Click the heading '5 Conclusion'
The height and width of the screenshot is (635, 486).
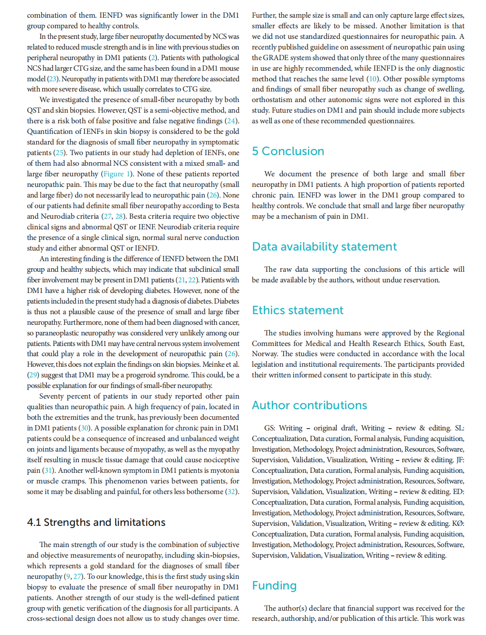tap(288, 151)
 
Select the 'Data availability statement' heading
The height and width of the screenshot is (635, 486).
tap(324, 247)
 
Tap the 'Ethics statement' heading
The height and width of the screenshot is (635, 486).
tap(297, 310)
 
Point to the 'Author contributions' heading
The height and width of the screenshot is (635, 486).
tap(309, 405)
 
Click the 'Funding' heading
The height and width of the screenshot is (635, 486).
tap(274, 586)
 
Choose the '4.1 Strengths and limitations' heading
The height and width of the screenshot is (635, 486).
tap(96, 522)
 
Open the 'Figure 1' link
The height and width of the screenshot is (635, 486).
tap(117, 174)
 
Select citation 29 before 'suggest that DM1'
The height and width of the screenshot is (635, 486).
tap(33, 375)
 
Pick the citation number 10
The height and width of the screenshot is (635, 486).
tap(373, 79)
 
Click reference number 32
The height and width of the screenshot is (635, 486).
tap(232, 491)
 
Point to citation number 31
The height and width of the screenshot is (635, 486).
tap(47, 470)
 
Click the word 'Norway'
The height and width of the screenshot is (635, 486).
tap(264, 354)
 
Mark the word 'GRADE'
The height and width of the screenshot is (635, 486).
tap(274, 57)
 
